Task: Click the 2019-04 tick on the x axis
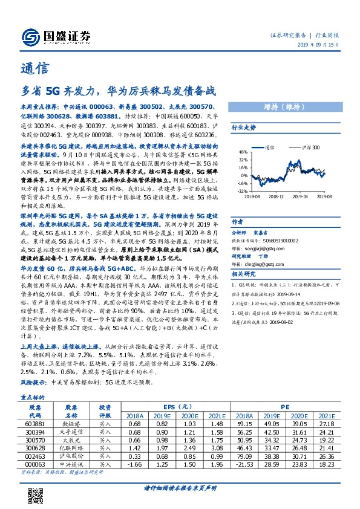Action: coord(301,196)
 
